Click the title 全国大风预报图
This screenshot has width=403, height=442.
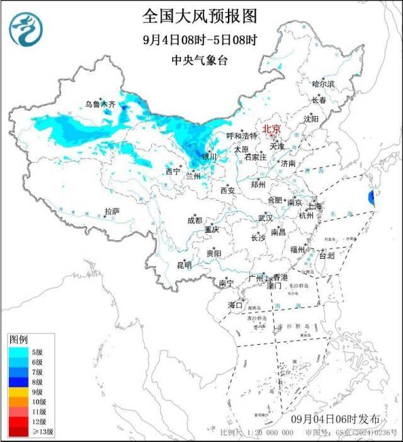[x=201, y=15]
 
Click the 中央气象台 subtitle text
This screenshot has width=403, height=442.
[x=201, y=61]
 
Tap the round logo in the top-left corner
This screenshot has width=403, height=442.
[x=24, y=28]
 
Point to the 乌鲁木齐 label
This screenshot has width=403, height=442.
[x=101, y=104]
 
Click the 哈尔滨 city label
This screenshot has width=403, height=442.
[x=324, y=83]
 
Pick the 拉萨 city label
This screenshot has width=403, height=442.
[x=112, y=211]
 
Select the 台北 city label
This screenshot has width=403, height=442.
[x=327, y=256]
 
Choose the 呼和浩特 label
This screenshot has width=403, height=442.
[x=242, y=136]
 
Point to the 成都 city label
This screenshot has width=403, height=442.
[x=195, y=220]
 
